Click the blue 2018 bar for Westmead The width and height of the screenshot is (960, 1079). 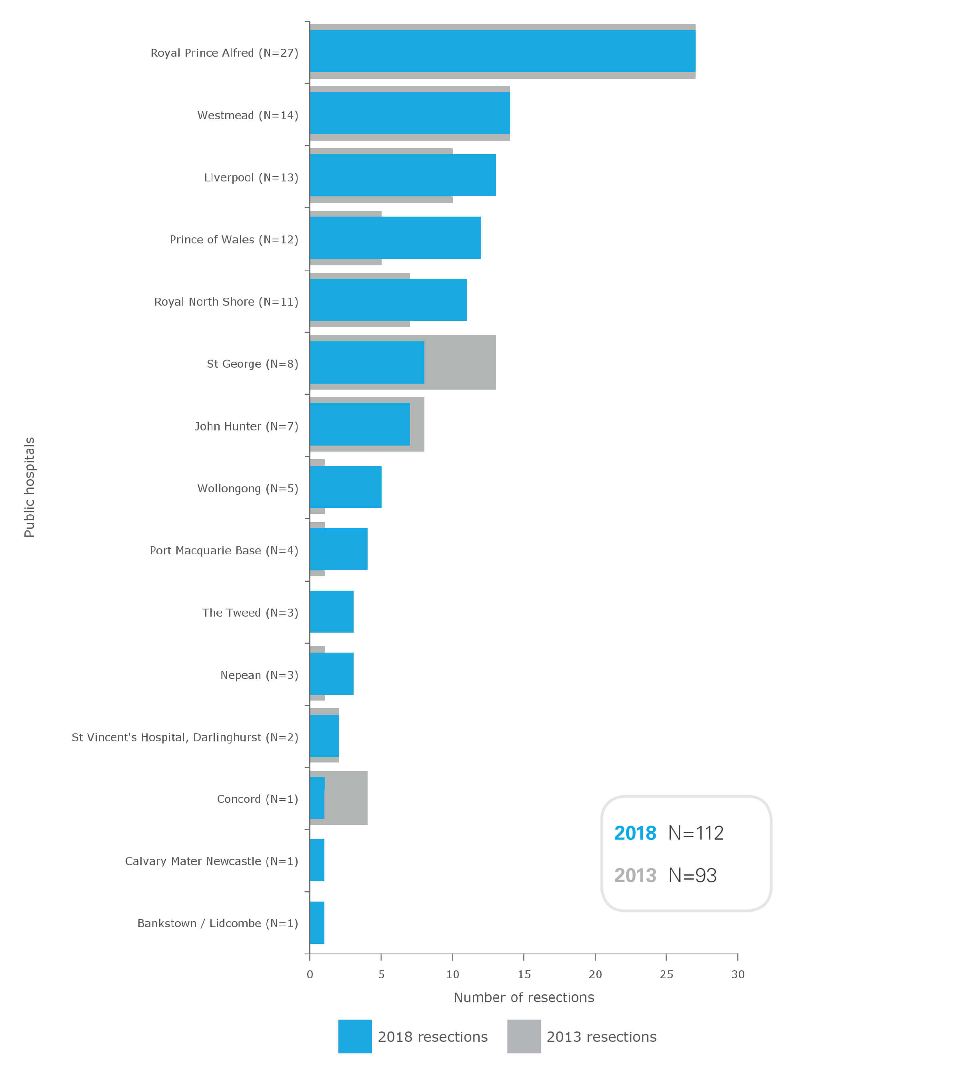[x=410, y=113]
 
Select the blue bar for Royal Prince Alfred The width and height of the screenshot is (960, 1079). [x=502, y=51]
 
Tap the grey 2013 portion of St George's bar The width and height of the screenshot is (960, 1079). [x=460, y=362]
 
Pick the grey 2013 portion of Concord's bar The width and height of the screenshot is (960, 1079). [x=346, y=798]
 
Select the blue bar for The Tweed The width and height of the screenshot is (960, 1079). [x=331, y=611]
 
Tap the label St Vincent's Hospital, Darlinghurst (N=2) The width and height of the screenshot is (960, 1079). [x=185, y=737]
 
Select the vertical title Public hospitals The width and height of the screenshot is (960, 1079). [x=30, y=487]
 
